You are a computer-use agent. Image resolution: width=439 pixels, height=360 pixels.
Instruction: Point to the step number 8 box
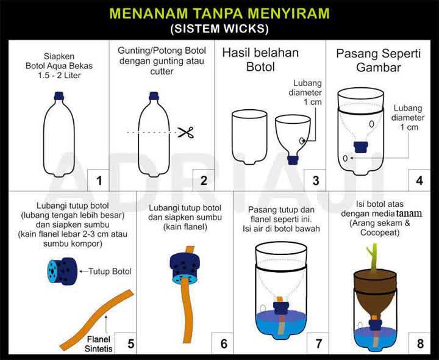419,344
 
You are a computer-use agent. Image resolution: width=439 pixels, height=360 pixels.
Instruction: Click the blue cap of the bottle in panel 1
59,95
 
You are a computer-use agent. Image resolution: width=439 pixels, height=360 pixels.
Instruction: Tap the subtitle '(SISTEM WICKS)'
219,29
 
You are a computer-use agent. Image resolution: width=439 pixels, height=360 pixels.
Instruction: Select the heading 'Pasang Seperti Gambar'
378,60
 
